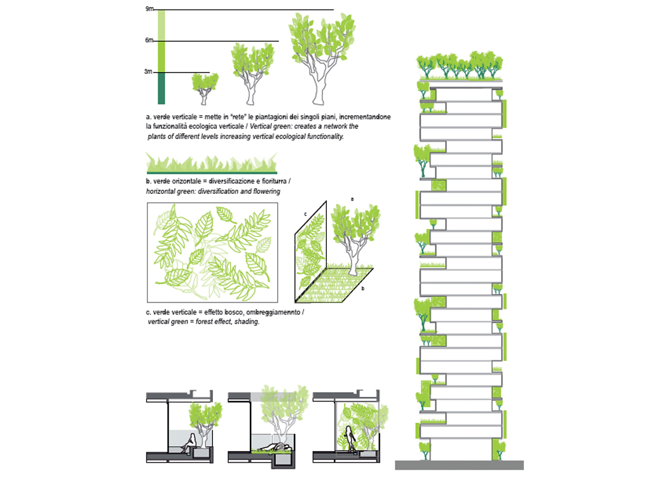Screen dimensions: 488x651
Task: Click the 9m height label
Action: pos(149,9)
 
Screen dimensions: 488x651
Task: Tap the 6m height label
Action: pos(149,41)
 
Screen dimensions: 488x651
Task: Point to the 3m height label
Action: pos(149,72)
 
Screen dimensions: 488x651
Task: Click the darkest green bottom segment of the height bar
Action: pos(161,88)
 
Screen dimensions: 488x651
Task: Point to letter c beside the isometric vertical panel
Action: pos(305,215)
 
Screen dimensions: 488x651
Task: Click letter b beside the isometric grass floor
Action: pos(362,288)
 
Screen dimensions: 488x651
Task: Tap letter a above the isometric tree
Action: pos(352,199)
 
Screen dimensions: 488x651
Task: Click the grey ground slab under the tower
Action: pos(459,465)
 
